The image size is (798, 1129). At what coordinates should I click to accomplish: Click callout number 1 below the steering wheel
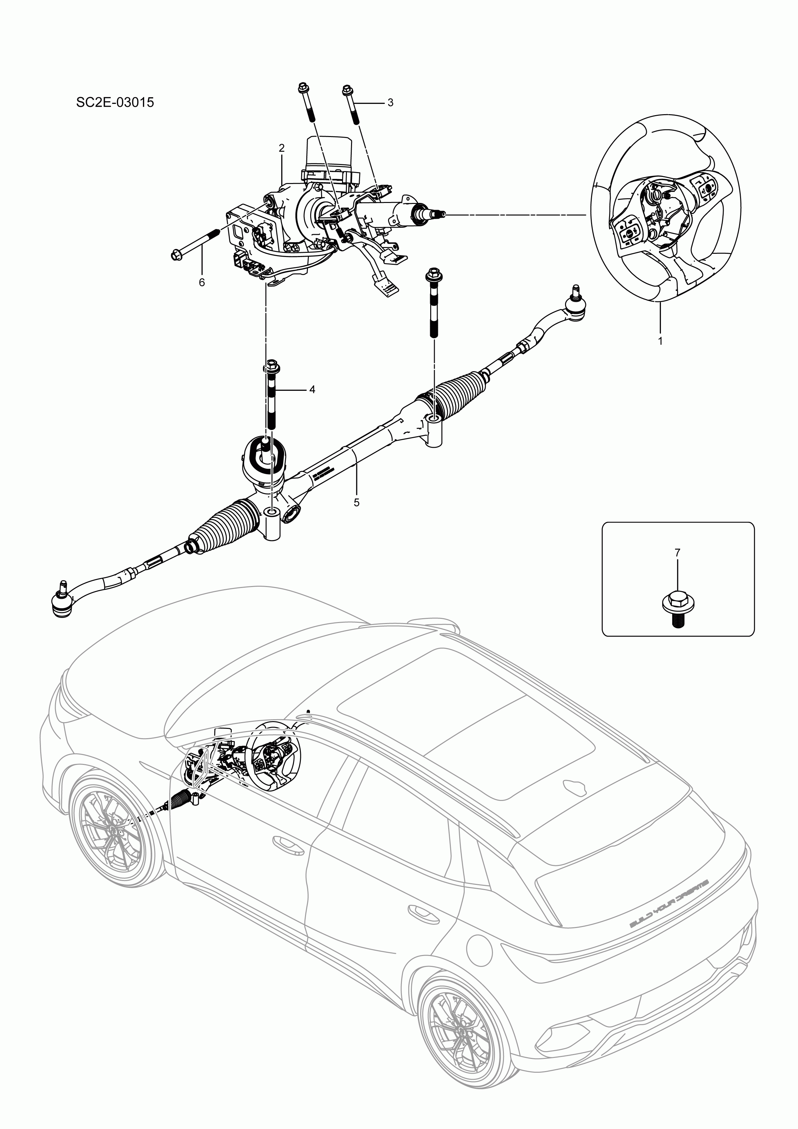point(660,340)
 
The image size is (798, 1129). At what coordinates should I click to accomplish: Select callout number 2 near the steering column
point(282,148)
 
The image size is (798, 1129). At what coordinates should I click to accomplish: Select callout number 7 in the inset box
point(677,553)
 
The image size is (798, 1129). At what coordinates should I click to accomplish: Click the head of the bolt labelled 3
point(347,90)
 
